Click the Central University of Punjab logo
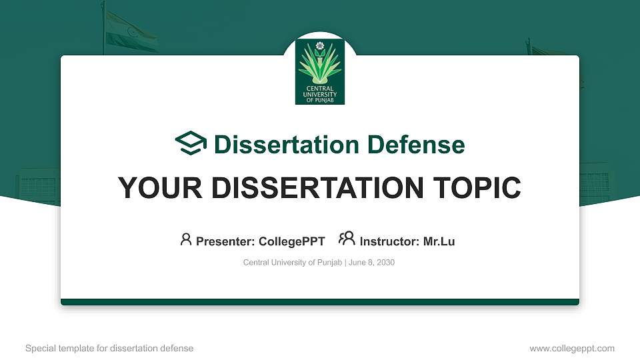pos(320,71)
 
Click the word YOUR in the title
pos(157,188)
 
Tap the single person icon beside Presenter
pos(186,239)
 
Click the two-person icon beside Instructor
pos(347,239)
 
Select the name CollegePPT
pos(293,241)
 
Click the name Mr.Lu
pos(439,241)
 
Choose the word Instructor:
pos(389,241)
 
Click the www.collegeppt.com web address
pos(571,348)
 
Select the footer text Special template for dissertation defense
pos(109,348)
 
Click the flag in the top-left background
pos(131,32)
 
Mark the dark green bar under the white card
pos(320,302)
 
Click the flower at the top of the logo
pos(319,46)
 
